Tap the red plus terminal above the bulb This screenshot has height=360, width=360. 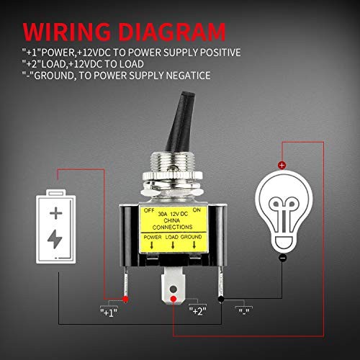(282, 165)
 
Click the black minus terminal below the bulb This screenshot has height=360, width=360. (282, 257)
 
